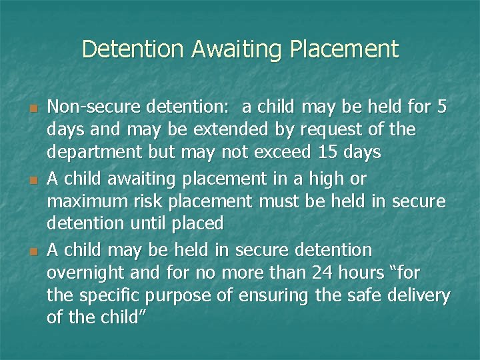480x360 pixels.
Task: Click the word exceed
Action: pyautogui.click(x=277, y=152)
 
